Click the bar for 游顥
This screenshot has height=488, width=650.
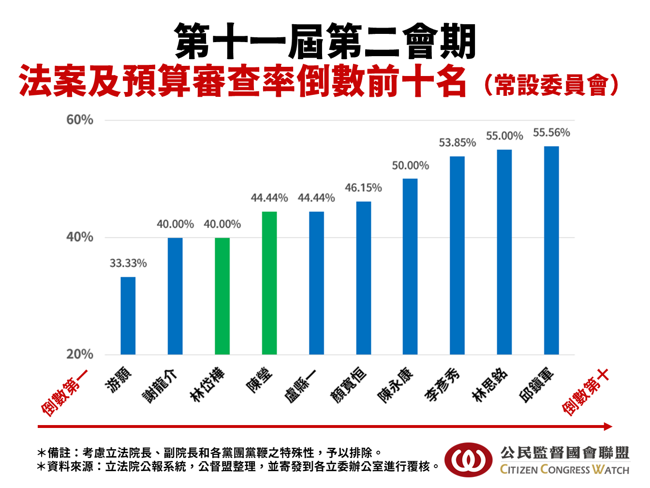coord(128,316)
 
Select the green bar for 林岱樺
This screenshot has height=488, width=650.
coord(222,296)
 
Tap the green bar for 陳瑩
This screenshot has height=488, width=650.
coord(269,283)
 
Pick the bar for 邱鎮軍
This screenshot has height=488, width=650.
coord(551,250)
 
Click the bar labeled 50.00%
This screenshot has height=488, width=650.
coord(410,266)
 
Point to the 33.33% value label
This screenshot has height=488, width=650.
coord(128,263)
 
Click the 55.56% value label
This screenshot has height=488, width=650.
coord(551,133)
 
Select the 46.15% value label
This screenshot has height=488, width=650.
coord(363,188)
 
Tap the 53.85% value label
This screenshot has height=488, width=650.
coord(457,143)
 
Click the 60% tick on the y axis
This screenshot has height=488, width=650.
coord(80,120)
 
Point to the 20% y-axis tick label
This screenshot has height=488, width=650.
coord(80,354)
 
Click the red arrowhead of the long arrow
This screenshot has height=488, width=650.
coord(608,427)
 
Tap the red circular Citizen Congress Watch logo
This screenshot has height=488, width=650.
coord(468,460)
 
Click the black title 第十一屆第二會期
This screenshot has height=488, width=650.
coord(325,42)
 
